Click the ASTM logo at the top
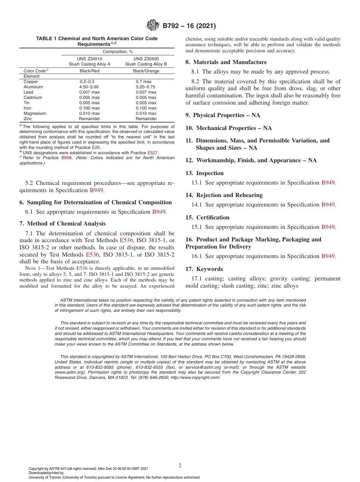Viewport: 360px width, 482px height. pyautogui.click(x=153, y=26)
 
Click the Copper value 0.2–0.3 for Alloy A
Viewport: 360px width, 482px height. pyautogui.click(x=87, y=81)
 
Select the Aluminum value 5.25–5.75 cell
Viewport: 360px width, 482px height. pyautogui.click(x=146, y=87)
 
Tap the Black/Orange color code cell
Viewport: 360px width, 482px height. pyautogui.click(x=146, y=71)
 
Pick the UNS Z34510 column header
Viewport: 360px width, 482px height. pyautogui.click(x=89, y=59)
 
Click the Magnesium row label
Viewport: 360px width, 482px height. pyautogui.click(x=34, y=113)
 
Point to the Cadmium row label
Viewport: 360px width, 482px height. pyautogui.click(x=33, y=97)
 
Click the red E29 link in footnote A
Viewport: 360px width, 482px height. pyautogui.click(x=96, y=147)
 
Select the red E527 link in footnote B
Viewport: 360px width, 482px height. pyautogui.click(x=152, y=153)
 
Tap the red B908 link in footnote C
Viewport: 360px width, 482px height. pyautogui.click(x=66, y=158)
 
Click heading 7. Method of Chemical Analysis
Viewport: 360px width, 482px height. pyautogui.click(x=63, y=224)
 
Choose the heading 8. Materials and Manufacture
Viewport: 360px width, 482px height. pyautogui.click(x=226, y=62)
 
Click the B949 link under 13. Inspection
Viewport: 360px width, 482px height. pyautogui.click(x=328, y=183)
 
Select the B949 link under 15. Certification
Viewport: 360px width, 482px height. pyautogui.click(x=328, y=227)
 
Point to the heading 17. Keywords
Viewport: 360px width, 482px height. pyautogui.click(x=204, y=269)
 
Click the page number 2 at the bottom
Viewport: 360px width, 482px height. pyautogui.click(x=180, y=466)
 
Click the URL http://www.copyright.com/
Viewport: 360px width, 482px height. pyautogui.click(x=195, y=378)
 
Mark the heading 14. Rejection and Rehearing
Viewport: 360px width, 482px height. pyautogui.click(x=224, y=195)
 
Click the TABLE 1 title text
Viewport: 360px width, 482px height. pyautogui.click(x=97, y=41)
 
